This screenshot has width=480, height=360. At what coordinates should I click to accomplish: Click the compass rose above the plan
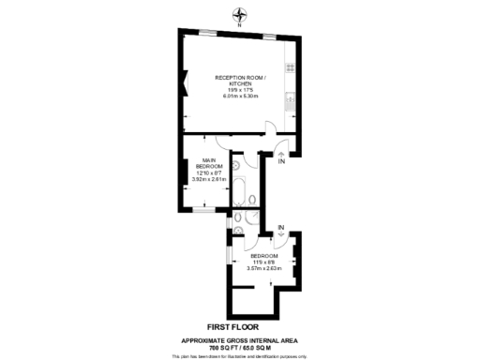(x=240, y=14)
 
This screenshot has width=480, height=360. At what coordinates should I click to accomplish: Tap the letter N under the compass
(x=240, y=25)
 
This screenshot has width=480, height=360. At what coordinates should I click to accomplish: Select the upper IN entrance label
(x=282, y=162)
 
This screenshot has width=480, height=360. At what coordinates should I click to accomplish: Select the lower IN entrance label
(x=281, y=226)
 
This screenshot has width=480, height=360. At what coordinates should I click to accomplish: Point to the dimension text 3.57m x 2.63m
(x=264, y=269)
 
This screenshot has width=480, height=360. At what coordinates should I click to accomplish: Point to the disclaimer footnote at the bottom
(x=240, y=355)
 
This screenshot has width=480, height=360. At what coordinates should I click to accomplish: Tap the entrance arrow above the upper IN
(x=282, y=150)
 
